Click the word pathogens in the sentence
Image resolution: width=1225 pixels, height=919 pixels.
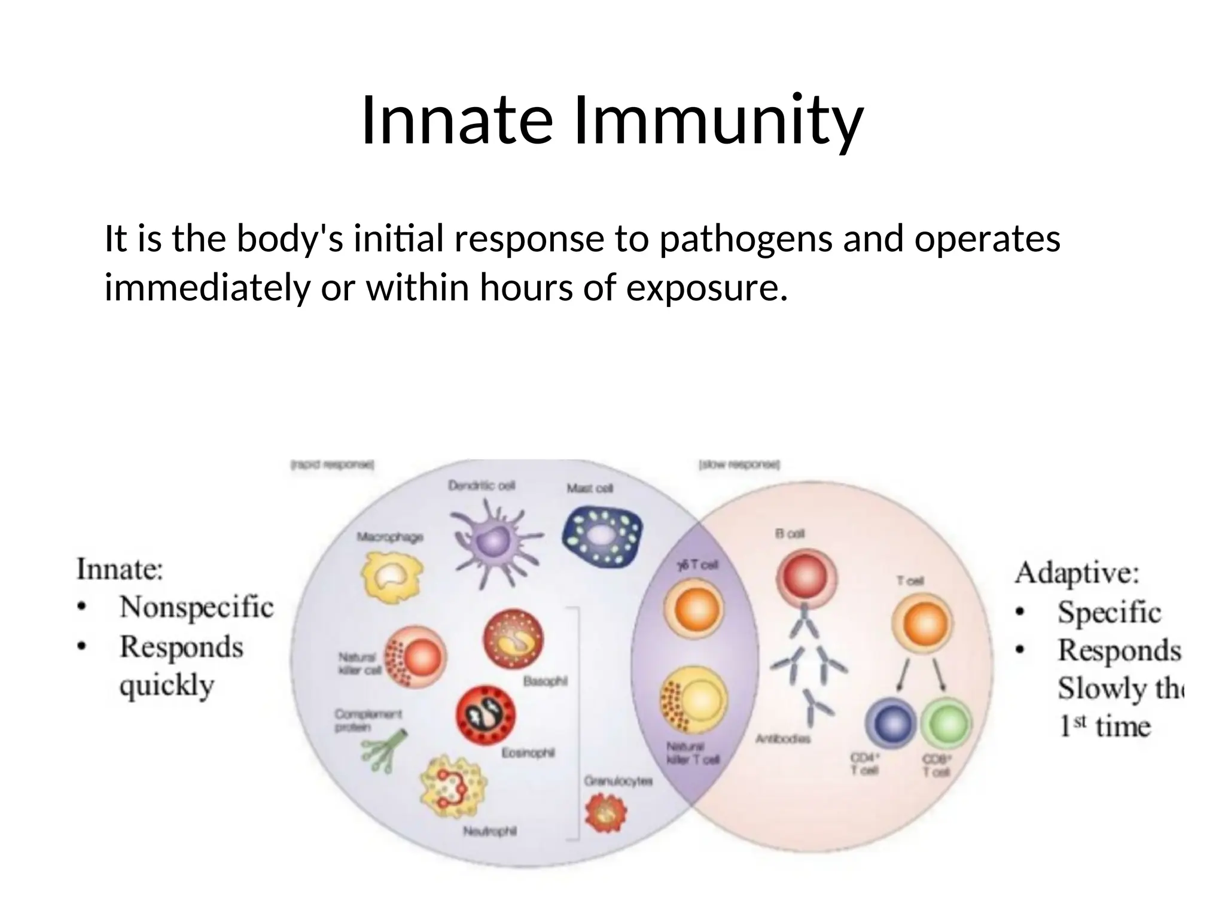click(x=745, y=239)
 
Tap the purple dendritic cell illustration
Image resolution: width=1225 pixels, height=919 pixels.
click(x=494, y=541)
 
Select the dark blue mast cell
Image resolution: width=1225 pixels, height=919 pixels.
click(x=602, y=535)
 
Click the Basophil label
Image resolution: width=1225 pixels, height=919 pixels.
click(x=545, y=681)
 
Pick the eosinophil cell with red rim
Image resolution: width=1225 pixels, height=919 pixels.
click(x=486, y=716)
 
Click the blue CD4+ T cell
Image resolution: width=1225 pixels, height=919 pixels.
click(x=891, y=724)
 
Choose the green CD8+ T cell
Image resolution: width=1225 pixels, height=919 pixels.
click(x=945, y=724)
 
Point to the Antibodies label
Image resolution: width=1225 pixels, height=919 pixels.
click(x=783, y=739)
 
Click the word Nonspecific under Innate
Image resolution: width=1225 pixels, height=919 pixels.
click(x=196, y=607)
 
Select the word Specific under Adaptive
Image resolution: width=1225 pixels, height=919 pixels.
click(x=1108, y=611)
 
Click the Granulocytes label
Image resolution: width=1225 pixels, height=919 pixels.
click(x=618, y=781)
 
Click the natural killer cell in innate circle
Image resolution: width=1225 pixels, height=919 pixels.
click(x=417, y=658)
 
